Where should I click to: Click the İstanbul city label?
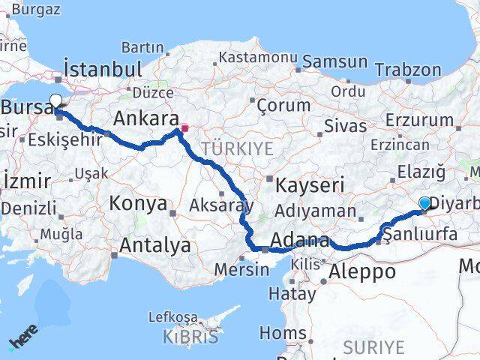pyautogui.click(x=103, y=69)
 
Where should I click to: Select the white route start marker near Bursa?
pyautogui.click(x=55, y=100)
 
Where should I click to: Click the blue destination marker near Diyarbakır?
pyautogui.click(x=425, y=203)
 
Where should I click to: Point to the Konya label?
pyautogui.click(x=138, y=203)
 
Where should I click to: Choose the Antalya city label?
pyautogui.click(x=155, y=244)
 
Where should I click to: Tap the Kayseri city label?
pyautogui.click(x=310, y=184)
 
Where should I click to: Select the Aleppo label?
pyautogui.click(x=361, y=271)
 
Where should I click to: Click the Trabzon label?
pyautogui.click(x=408, y=70)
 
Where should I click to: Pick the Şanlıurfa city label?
pyautogui.click(x=420, y=234)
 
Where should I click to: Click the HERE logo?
pyautogui.click(x=24, y=340)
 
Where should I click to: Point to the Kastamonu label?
pyautogui.click(x=258, y=57)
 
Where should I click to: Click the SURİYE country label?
pyautogui.click(x=373, y=347)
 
